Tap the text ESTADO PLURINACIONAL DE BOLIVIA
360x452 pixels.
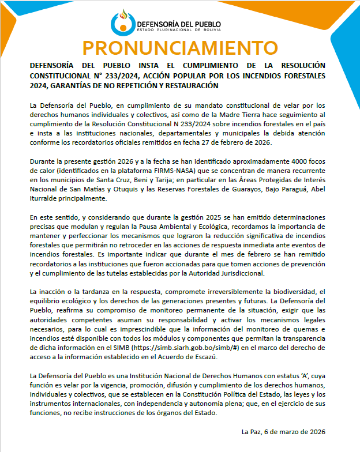[179, 29]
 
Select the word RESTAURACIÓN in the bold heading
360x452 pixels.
[192, 85]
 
